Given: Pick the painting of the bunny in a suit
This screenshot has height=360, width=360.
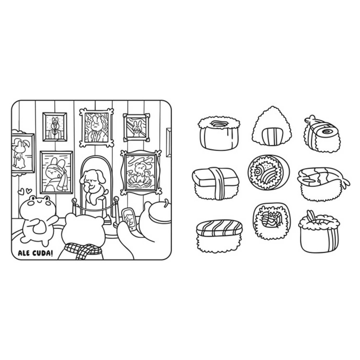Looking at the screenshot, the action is [55, 127].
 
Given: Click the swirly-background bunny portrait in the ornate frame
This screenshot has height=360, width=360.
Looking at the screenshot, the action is [96, 127].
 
